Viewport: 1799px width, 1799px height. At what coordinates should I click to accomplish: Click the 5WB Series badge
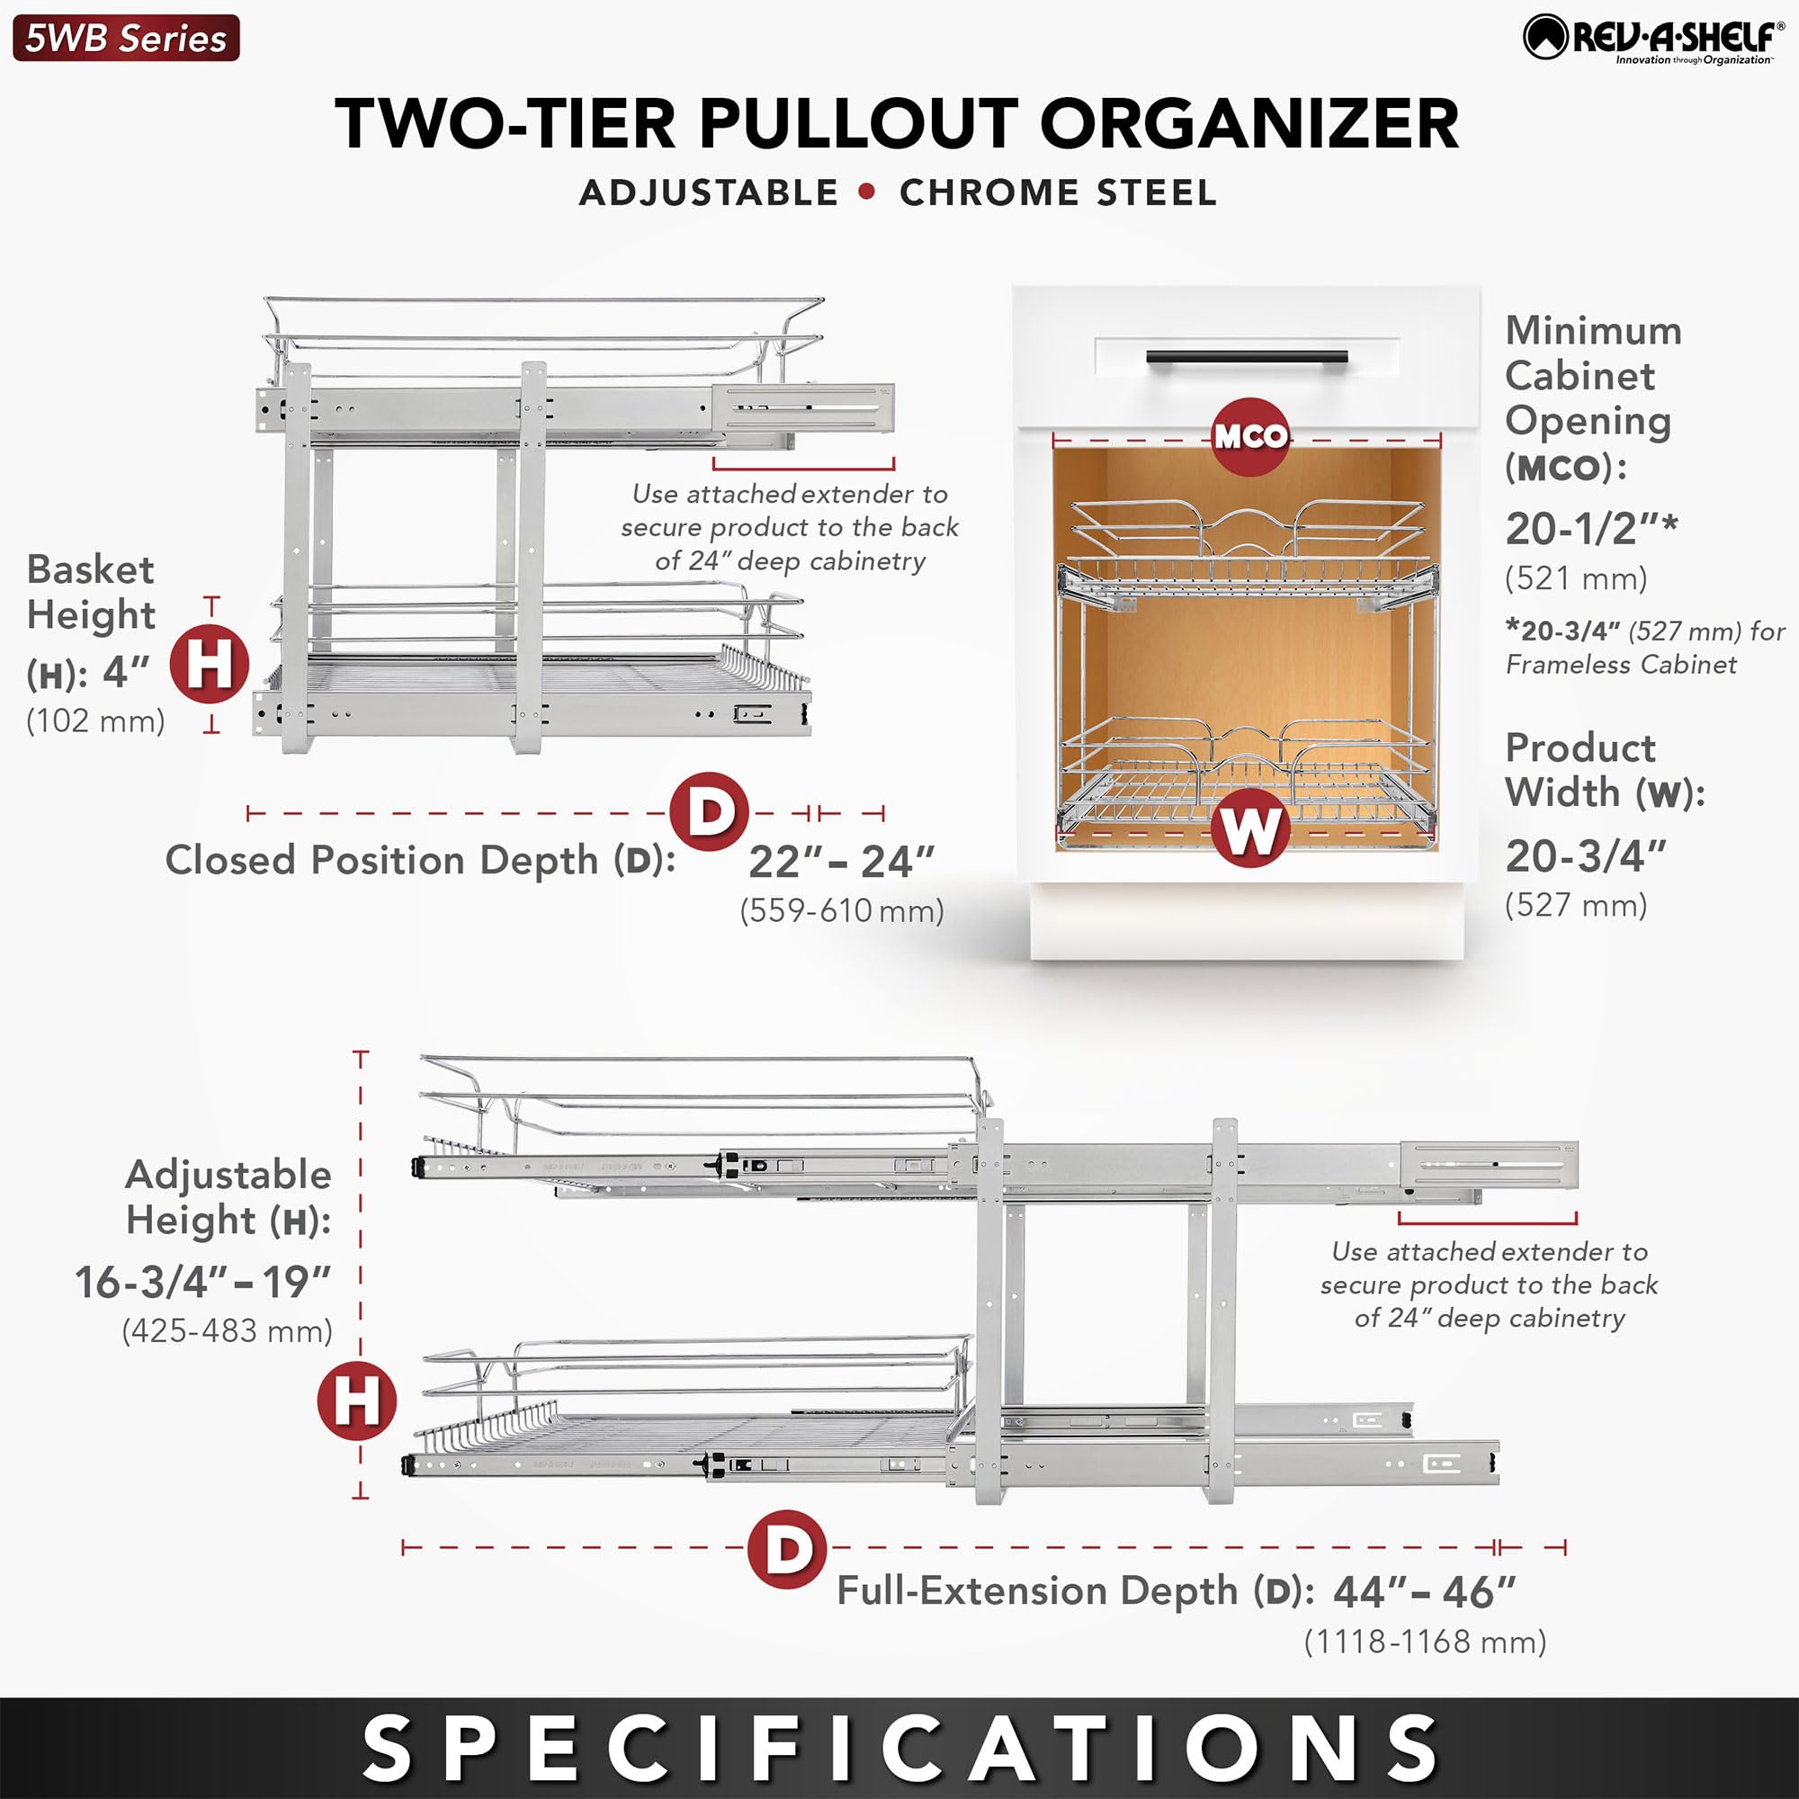[x=126, y=38]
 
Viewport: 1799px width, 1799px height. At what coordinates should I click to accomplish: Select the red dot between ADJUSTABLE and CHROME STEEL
[x=868, y=192]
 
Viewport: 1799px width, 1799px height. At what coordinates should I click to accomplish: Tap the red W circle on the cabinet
[x=1250, y=828]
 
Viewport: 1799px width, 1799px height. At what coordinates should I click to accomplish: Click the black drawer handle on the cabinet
[x=1247, y=359]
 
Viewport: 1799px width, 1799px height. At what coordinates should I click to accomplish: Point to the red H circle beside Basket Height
[x=210, y=665]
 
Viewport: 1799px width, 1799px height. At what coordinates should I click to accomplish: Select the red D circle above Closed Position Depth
[x=710, y=812]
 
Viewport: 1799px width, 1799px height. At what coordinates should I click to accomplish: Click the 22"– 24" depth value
[x=841, y=863]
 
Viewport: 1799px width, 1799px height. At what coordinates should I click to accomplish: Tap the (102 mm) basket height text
[x=96, y=720]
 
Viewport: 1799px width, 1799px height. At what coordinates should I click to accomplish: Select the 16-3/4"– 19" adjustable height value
[x=203, y=1282]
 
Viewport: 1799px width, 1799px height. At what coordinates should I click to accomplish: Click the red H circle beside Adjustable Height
[x=356, y=1401]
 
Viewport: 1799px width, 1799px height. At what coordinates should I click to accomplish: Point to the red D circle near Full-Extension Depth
[x=788, y=1550]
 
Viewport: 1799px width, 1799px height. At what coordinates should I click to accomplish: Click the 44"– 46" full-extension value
[x=1425, y=1593]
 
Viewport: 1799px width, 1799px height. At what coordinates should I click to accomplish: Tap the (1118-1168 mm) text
[x=1425, y=1642]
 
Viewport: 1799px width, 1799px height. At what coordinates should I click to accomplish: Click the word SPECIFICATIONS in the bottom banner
[x=899, y=1748]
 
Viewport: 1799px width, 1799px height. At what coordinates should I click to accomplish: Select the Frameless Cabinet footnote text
[x=1643, y=648]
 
